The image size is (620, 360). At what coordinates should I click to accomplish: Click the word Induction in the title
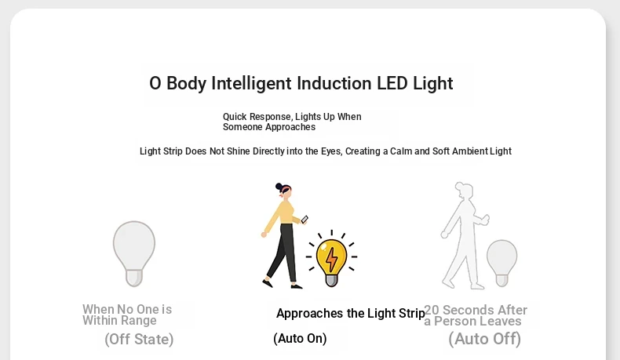click(x=334, y=83)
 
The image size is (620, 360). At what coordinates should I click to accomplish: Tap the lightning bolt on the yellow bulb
click(x=332, y=259)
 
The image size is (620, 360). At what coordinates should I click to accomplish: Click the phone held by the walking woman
click(x=305, y=220)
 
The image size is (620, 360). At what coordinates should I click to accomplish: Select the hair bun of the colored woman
click(x=279, y=187)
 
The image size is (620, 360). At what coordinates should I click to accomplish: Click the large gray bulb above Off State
click(x=134, y=253)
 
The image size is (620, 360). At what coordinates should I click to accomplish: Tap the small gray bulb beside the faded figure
click(x=501, y=263)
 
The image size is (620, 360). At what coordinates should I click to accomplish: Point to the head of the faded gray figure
click(x=464, y=191)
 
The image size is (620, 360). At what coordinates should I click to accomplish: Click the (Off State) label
click(x=139, y=340)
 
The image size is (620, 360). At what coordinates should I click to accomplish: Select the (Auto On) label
click(x=300, y=339)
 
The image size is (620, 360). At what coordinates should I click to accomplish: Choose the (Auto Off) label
click(x=485, y=339)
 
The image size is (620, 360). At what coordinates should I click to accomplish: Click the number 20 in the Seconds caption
click(x=432, y=310)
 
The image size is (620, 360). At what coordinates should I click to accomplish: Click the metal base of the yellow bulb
click(x=331, y=280)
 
